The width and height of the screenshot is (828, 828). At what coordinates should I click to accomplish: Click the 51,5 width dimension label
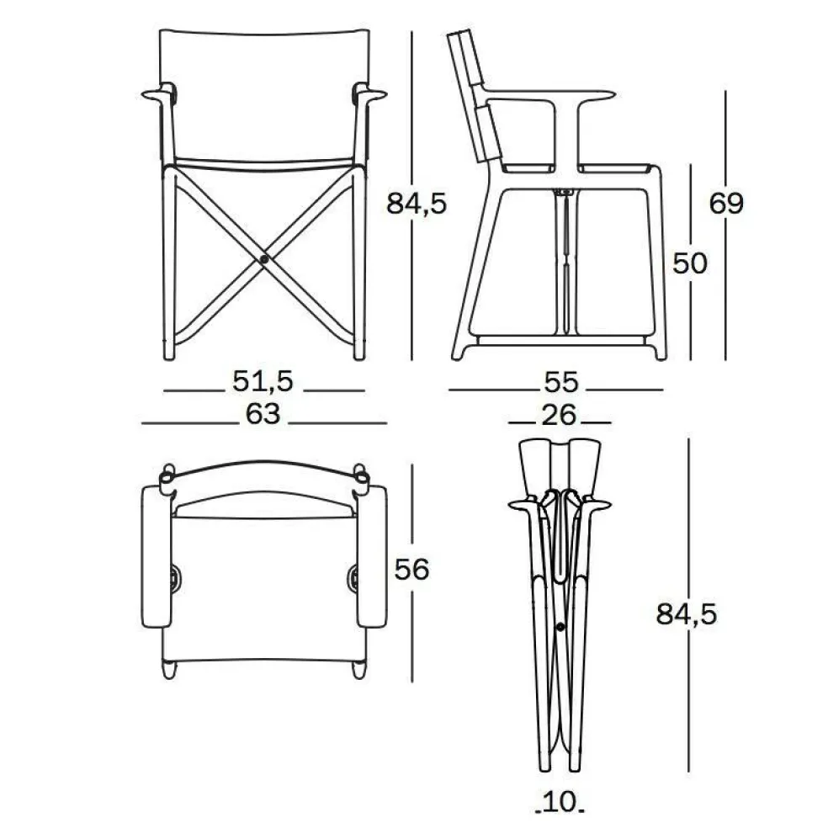pos(263,380)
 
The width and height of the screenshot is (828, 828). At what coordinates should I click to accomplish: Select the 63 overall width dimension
pos(263,414)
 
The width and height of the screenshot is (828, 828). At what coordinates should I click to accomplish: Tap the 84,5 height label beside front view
pos(417,204)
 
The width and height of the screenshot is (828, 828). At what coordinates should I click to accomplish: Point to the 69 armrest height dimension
pos(726,204)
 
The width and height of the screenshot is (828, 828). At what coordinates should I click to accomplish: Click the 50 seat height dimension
pos(690,263)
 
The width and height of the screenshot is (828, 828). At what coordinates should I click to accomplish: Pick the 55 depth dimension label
pos(561,382)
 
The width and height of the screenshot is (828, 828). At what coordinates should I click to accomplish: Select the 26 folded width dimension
pos(559,415)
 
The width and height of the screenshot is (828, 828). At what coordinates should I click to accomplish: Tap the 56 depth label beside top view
pos(411,570)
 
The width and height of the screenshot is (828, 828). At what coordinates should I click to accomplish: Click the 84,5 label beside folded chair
pos(687,614)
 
